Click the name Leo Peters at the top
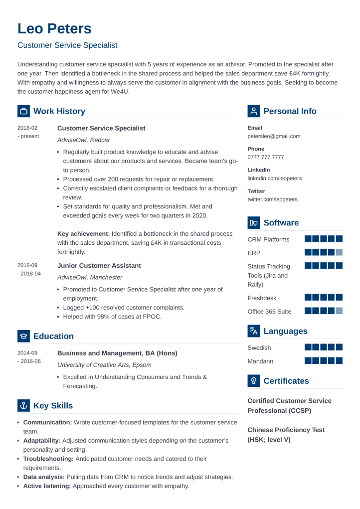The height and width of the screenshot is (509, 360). coord(54,28)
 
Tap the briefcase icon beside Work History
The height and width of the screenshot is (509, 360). coord(23,111)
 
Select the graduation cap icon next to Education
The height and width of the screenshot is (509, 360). coord(23,336)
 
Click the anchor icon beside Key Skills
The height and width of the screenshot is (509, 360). coord(23,406)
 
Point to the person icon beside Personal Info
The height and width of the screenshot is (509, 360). coord(254,111)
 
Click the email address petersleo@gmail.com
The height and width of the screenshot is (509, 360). coord(274,136)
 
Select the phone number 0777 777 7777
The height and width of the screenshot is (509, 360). coord(265,157)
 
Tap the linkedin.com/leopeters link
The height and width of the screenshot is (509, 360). coord(274,178)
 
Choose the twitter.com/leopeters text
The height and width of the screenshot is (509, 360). coord(272,199)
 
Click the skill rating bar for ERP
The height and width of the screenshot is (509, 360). coord(323,252)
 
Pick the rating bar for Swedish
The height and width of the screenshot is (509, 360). coord(323,347)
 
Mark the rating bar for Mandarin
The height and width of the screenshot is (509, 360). coord(323,360)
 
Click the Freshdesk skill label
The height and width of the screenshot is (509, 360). coord(262,298)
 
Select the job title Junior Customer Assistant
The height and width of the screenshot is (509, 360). coord(99,266)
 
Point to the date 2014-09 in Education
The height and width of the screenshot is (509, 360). coord(27,352)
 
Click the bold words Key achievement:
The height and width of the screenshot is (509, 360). coord(83,234)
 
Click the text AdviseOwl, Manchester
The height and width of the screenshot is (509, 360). coord(89,278)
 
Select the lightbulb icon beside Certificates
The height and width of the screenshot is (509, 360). coord(254,381)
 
